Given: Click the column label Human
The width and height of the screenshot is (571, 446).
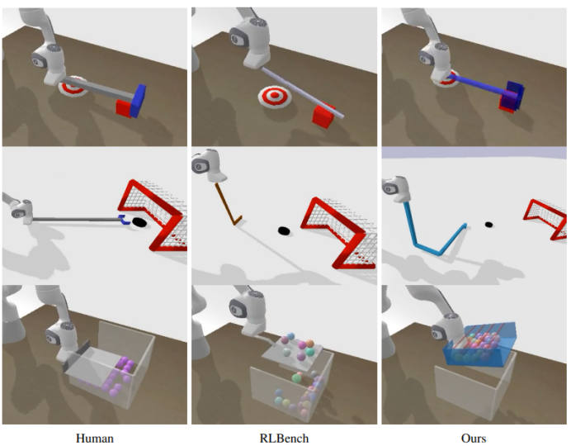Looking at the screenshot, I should (94, 438).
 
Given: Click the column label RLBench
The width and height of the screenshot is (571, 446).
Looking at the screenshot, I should (284, 438).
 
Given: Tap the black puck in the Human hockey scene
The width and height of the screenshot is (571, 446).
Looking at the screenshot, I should (139, 221).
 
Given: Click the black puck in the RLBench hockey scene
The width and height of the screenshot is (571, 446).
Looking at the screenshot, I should (284, 230).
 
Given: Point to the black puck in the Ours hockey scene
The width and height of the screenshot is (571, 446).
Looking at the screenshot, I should (488, 224).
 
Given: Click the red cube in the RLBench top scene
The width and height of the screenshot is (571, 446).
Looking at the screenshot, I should (323, 114).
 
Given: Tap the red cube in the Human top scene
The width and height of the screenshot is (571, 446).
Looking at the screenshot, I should (125, 107).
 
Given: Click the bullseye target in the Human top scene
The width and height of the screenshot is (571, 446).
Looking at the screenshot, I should (77, 85).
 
